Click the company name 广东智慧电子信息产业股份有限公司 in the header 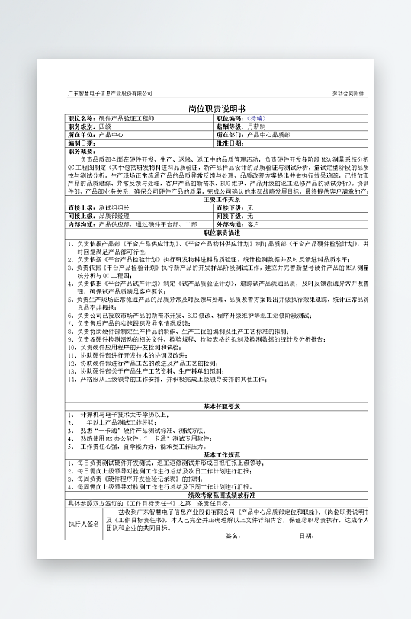tap(110, 93)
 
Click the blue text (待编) tap(257, 120)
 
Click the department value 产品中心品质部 tap(268, 134)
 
